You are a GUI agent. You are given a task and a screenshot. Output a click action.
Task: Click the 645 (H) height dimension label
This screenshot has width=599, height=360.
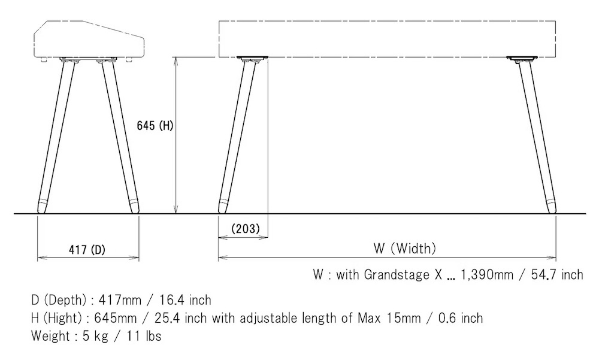tap(155, 125)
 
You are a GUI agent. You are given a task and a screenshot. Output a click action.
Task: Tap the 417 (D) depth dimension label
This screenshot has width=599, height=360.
tap(87, 250)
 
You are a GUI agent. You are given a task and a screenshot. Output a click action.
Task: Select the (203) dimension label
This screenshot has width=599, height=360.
tap(246, 229)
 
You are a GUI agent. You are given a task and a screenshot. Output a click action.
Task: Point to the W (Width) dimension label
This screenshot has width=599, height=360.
tap(404, 249)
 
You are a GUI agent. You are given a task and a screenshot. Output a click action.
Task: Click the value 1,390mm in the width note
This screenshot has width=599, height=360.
tap(486, 274)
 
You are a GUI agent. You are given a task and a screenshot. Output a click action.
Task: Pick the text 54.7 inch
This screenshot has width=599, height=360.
tap(557, 274)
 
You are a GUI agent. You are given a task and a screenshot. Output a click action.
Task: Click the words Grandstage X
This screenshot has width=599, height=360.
tap(403, 274)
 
